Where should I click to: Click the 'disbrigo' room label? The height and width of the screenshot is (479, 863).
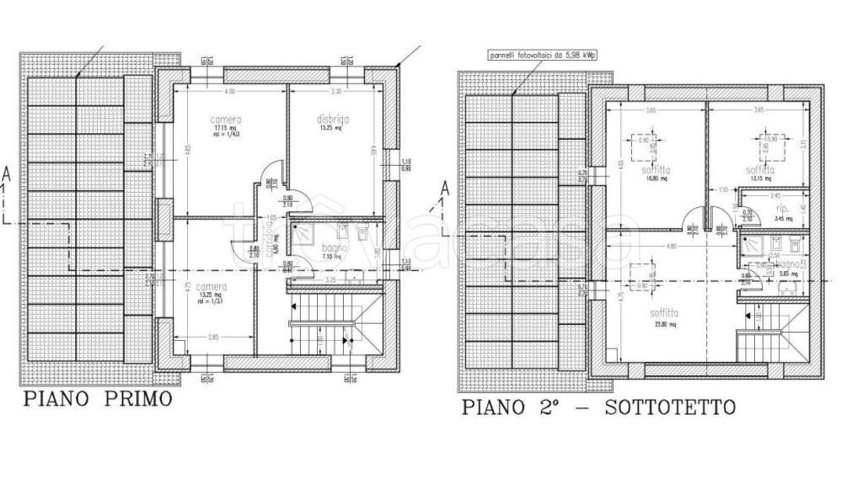click(332, 120)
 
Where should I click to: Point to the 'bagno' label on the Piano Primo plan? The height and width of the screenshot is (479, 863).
click(332, 248)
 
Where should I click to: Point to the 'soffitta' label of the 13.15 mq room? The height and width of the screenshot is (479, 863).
click(760, 169)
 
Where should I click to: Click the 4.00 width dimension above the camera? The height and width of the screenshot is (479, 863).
click(229, 91)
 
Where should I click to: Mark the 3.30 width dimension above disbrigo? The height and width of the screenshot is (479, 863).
click(335, 91)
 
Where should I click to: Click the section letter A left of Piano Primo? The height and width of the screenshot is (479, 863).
click(7, 174)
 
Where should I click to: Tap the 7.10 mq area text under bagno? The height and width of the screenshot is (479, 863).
click(330, 258)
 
